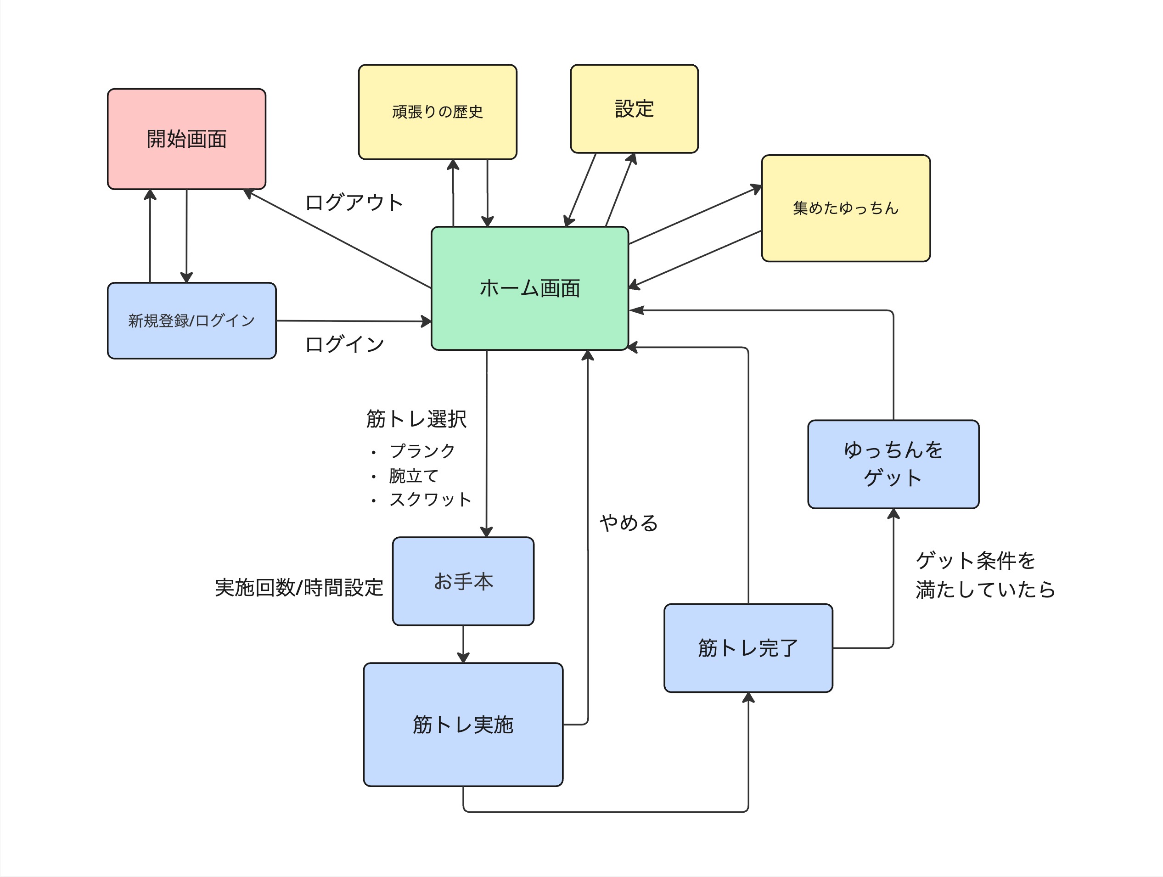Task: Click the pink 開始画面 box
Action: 187,139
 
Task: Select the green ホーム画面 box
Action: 529,288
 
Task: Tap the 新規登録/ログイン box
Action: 191,321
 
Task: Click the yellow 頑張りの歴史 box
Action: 438,112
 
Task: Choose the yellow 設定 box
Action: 634,109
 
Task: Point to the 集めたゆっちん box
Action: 845,208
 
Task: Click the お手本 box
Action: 463,581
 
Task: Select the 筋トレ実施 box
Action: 463,725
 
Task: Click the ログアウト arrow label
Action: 354,202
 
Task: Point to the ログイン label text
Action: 344,344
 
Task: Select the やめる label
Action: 629,523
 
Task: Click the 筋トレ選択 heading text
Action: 416,419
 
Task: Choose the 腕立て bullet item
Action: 413,475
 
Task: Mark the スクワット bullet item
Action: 430,499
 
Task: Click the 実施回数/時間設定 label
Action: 298,587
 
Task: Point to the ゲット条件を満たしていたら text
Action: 985,575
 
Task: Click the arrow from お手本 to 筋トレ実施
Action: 463,644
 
